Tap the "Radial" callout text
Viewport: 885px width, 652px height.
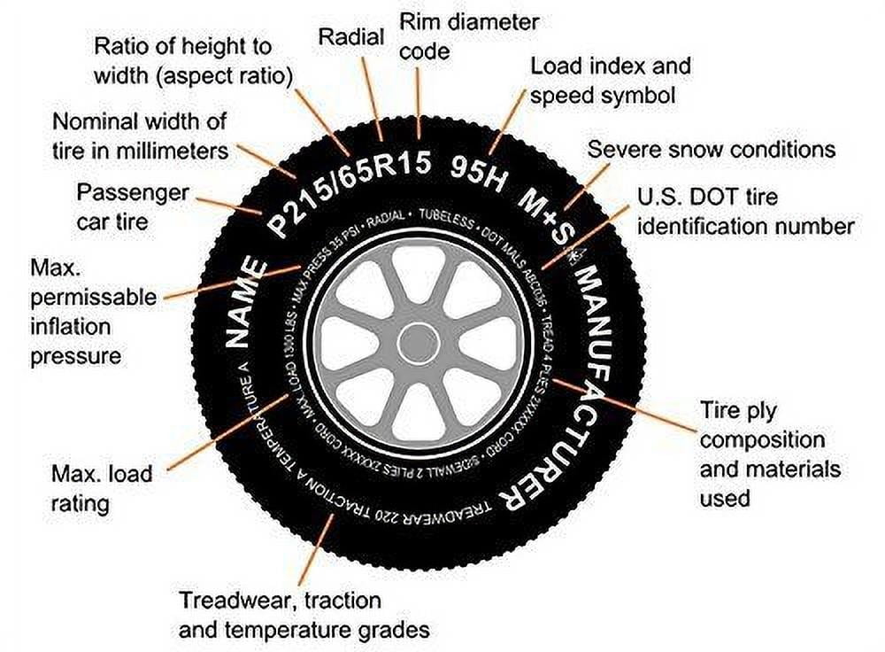pyautogui.click(x=350, y=37)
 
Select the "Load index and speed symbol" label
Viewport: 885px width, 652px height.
pyautogui.click(x=610, y=80)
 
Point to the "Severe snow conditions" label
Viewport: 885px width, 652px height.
pyautogui.click(x=711, y=148)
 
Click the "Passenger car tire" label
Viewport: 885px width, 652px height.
pyautogui.click(x=133, y=206)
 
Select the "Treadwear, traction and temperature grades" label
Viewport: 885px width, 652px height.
pyautogui.click(x=304, y=615)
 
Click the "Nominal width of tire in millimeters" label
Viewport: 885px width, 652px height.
pyautogui.click(x=140, y=135)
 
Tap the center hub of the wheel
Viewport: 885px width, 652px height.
pyautogui.click(x=418, y=343)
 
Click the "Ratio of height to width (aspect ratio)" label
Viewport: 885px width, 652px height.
pyautogui.click(x=193, y=60)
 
